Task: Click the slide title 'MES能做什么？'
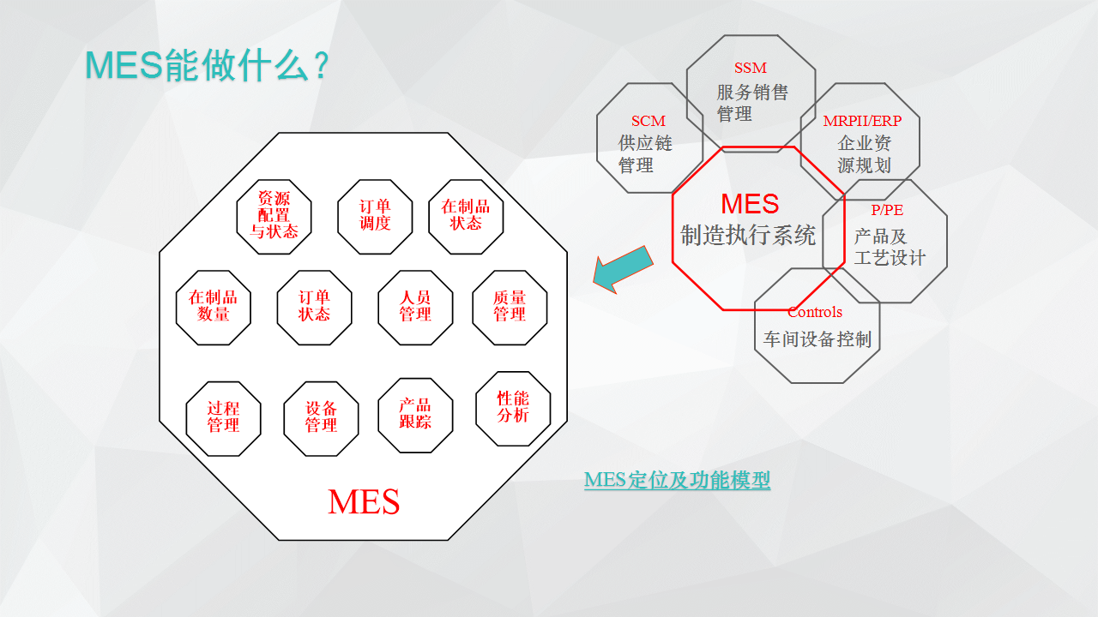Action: click(208, 66)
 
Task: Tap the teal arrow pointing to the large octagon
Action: click(623, 269)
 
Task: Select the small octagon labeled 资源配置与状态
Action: click(274, 217)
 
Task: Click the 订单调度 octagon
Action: click(375, 217)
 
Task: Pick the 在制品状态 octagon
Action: click(466, 217)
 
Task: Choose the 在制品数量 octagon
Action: click(214, 308)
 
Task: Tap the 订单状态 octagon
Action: click(314, 308)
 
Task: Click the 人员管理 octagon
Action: click(415, 308)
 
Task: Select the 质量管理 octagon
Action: click(510, 308)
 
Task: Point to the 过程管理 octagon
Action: click(224, 419)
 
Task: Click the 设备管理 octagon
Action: click(321, 419)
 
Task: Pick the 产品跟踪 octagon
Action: click(415, 416)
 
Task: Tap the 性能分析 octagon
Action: click(513, 409)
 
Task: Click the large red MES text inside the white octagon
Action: click(364, 502)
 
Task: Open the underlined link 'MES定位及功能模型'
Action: click(677, 480)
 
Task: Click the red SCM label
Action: click(648, 121)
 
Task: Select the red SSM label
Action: click(751, 68)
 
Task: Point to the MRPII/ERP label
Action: click(862, 121)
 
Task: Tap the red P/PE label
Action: click(887, 210)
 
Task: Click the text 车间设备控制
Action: click(817, 338)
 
